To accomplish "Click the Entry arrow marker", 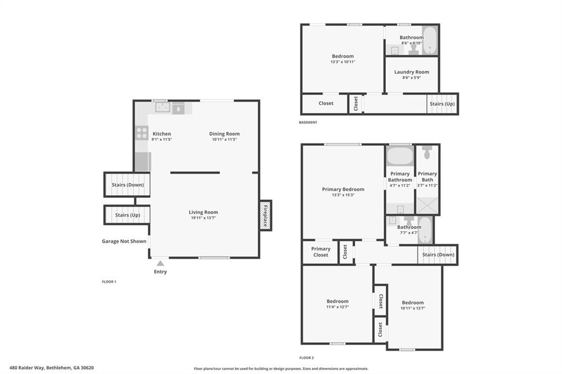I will click(x=160, y=263).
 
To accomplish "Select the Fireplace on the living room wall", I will click(x=266, y=215).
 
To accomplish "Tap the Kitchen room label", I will click(x=162, y=134).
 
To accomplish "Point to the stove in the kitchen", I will click(x=142, y=133).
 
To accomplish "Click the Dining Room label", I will click(x=224, y=134).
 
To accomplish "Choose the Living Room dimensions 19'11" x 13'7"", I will click(x=204, y=218).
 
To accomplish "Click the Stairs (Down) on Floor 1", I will click(x=127, y=185).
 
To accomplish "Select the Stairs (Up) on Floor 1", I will click(x=127, y=215).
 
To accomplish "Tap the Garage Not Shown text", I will click(x=124, y=241).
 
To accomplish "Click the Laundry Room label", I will click(x=411, y=72).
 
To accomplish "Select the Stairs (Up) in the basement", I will click(x=442, y=104).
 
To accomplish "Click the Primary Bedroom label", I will click(x=343, y=189).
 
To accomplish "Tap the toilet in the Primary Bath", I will click(x=427, y=151).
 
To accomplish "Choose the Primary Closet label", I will click(x=321, y=252).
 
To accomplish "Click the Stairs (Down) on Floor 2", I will click(x=437, y=254).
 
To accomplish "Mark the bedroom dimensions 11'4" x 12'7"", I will click(x=338, y=307).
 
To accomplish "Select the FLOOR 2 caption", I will click(x=306, y=357).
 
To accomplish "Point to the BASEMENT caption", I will click(x=308, y=122).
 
